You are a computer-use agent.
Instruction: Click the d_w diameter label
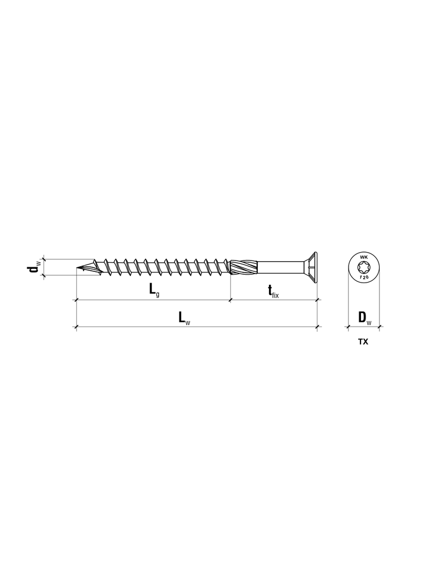tap(35, 267)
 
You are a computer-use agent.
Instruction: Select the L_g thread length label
tap(155, 289)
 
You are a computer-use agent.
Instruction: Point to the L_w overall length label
tap(184, 317)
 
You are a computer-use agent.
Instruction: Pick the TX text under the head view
tap(363, 342)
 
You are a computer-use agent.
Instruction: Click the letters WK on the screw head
tap(363, 258)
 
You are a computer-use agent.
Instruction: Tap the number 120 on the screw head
tap(363, 277)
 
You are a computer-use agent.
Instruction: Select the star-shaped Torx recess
tap(363, 267)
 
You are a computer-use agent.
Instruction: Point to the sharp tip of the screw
tap(77, 268)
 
